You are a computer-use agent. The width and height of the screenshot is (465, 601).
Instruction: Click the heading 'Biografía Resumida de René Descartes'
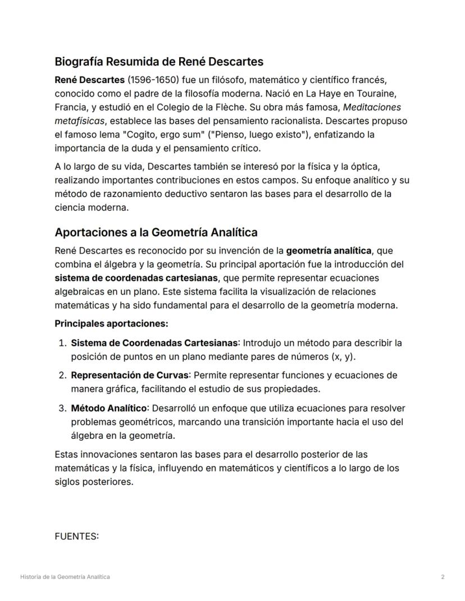(x=159, y=61)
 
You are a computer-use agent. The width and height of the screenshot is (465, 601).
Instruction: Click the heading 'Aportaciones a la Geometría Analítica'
(x=156, y=232)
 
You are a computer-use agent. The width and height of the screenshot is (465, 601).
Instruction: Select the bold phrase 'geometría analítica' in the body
(x=329, y=250)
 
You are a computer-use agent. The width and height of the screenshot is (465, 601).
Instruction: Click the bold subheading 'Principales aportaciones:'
(x=111, y=324)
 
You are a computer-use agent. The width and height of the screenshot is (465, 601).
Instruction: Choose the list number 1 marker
(x=62, y=343)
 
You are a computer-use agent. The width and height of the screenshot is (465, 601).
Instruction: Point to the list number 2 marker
(x=62, y=375)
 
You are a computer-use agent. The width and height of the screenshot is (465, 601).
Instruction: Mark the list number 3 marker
(x=62, y=408)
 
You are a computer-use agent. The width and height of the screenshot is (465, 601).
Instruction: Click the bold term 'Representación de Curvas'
(x=130, y=375)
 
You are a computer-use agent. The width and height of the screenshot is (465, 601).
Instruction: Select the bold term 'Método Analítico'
(x=109, y=408)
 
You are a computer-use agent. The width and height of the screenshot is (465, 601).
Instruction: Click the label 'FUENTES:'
(x=76, y=536)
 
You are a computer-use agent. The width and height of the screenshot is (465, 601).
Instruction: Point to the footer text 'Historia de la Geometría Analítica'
(x=65, y=577)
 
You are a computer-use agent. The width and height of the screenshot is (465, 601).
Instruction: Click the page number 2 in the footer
(x=443, y=577)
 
